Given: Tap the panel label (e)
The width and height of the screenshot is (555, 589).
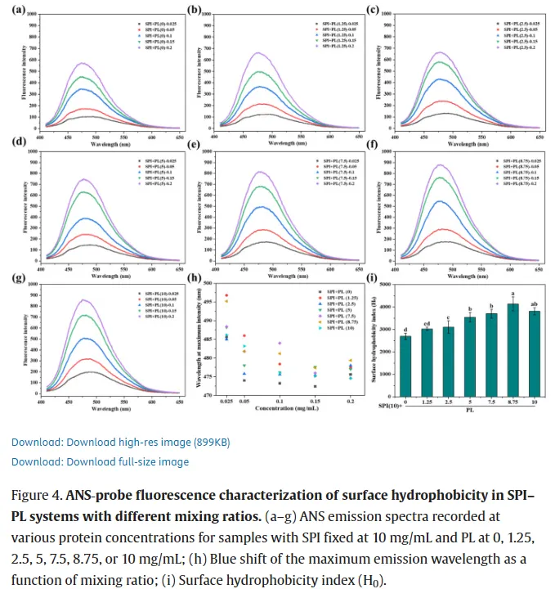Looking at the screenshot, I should tap(194, 146).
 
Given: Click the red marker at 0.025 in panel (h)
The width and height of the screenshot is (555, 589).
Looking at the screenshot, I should tap(226, 295).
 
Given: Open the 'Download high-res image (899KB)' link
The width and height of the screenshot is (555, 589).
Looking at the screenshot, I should tap(120, 442).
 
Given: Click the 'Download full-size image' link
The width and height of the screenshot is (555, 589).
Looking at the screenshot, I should tap(100, 461).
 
